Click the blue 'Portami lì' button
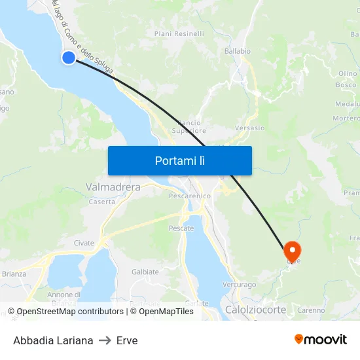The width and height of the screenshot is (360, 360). coord(179,160)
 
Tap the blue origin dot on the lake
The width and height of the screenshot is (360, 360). coord(69,58)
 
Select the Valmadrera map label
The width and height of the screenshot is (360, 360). coord(113,187)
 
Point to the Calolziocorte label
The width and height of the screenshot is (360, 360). coord(255,310)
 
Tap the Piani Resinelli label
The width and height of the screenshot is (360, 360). coord(179,33)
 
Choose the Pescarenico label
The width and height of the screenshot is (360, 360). coord(189,196)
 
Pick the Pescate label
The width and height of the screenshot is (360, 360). coord(181,228)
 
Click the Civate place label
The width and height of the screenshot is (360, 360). coord(84,243)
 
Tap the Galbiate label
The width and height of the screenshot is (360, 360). coord(145,272)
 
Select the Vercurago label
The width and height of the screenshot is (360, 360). coord(239,285)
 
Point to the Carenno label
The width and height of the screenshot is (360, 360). coord(311,310)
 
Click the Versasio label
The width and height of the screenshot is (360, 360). coord(249,128)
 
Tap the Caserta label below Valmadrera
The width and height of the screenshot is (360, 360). coord(101,202)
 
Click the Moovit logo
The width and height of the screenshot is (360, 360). coord(321,340)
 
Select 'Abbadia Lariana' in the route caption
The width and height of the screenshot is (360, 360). coord(53,340)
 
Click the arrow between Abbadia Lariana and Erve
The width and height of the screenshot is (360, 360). coord(105,340)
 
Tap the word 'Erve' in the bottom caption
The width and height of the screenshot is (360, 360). coord(127,340)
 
